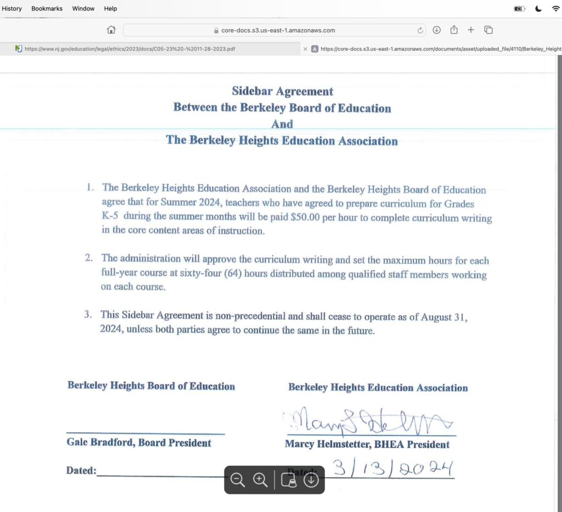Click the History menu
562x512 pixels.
[12, 9]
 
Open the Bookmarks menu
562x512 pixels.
[47, 9]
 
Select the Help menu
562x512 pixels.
[110, 9]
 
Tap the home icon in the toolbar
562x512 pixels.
[111, 30]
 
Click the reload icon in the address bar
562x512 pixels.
[420, 30]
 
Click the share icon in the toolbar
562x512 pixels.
[454, 30]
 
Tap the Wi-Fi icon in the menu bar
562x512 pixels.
[555, 9]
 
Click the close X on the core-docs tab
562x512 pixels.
[305, 49]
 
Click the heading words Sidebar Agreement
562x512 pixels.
[282, 91]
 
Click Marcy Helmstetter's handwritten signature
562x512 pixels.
[368, 421]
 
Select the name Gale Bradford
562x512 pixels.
[99, 442]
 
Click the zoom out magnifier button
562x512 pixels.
[238, 480]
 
